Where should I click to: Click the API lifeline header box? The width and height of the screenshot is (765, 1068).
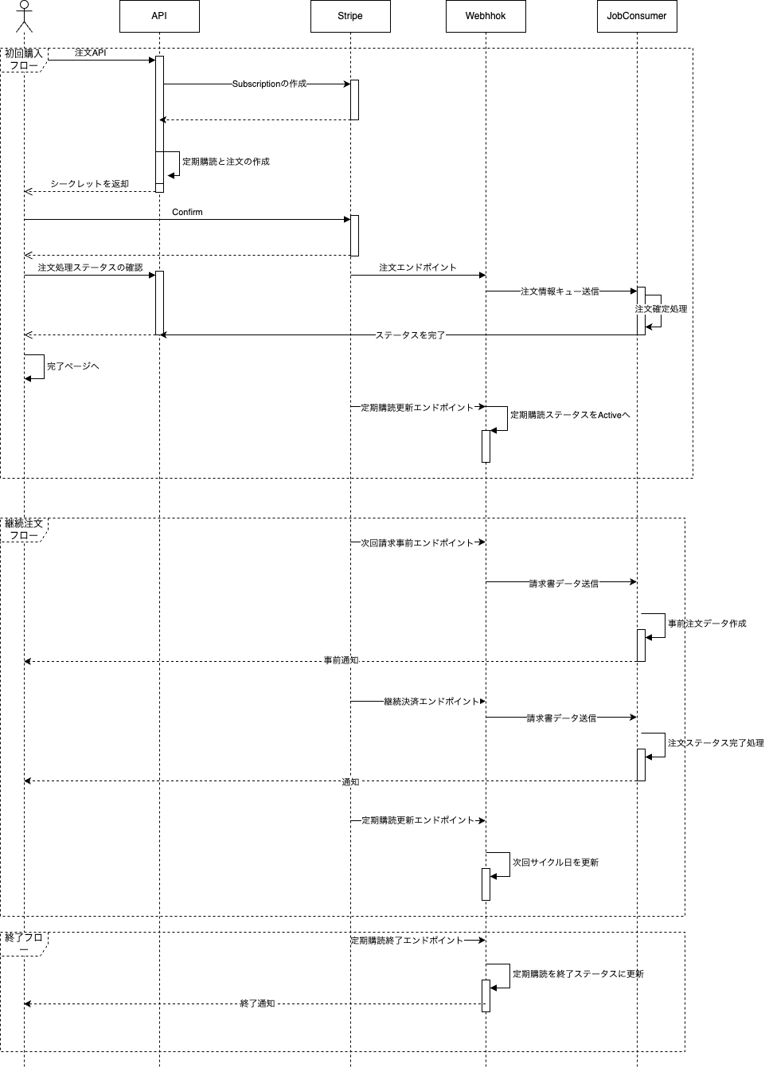(x=159, y=16)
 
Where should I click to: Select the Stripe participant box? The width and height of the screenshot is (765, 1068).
(x=350, y=16)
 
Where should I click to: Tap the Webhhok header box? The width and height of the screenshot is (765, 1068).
(x=486, y=16)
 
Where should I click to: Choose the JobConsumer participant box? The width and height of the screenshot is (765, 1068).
(x=637, y=16)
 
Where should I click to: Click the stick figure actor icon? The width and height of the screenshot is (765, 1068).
(x=24, y=16)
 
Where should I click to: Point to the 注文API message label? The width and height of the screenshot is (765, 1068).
(x=90, y=53)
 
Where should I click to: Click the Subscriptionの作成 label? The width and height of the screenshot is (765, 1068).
(x=269, y=84)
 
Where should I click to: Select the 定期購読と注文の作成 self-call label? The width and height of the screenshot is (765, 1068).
(x=226, y=162)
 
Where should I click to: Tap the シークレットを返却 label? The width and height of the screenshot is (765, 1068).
(x=89, y=184)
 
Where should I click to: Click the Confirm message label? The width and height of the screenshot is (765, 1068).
(x=187, y=212)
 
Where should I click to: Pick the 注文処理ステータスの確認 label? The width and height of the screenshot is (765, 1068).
(x=90, y=268)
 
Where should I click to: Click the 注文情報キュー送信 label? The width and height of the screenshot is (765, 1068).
(x=560, y=291)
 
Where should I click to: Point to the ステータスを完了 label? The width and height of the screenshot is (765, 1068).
(x=410, y=335)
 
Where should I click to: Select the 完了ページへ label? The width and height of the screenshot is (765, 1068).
(x=73, y=366)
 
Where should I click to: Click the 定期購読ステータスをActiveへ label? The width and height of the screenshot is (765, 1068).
(x=570, y=415)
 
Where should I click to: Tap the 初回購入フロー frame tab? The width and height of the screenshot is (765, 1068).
(x=24, y=60)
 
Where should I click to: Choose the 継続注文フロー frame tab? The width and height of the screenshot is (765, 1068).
(x=24, y=530)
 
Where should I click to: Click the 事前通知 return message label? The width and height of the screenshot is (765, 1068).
(x=341, y=660)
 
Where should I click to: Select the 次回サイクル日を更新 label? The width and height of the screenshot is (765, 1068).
(x=556, y=863)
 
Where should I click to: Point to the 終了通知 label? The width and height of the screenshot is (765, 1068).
(x=257, y=1003)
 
